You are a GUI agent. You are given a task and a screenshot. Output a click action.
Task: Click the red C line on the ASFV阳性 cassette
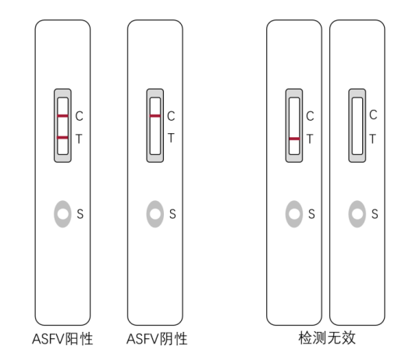[62, 116]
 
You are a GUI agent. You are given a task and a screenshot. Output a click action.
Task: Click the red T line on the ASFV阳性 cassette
[62, 138]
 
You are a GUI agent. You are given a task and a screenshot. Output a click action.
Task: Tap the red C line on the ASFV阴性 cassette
[155, 116]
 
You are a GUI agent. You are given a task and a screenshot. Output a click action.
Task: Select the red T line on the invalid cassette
[294, 139]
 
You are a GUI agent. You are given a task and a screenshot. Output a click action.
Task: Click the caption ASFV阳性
[62, 339]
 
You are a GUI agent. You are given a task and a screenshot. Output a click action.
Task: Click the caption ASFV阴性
[157, 339]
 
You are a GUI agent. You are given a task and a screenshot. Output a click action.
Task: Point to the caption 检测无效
[327, 338]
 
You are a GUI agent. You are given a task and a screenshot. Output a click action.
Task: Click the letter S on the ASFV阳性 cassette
[80, 214]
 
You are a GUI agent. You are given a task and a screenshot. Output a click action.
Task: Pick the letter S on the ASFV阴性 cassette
[172, 214]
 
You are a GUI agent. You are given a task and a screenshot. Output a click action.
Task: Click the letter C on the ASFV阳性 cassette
[79, 116]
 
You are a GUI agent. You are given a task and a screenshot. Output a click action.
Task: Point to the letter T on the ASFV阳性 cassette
[79, 139]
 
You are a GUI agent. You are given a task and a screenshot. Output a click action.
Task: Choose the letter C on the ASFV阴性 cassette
[171, 116]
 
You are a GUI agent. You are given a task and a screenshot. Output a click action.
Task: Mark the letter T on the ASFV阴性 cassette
[171, 138]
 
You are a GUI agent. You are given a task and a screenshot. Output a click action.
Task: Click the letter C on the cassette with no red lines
[373, 115]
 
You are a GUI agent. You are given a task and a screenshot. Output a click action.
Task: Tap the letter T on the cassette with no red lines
[373, 139]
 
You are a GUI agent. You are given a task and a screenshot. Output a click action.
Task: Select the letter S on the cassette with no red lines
[375, 214]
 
